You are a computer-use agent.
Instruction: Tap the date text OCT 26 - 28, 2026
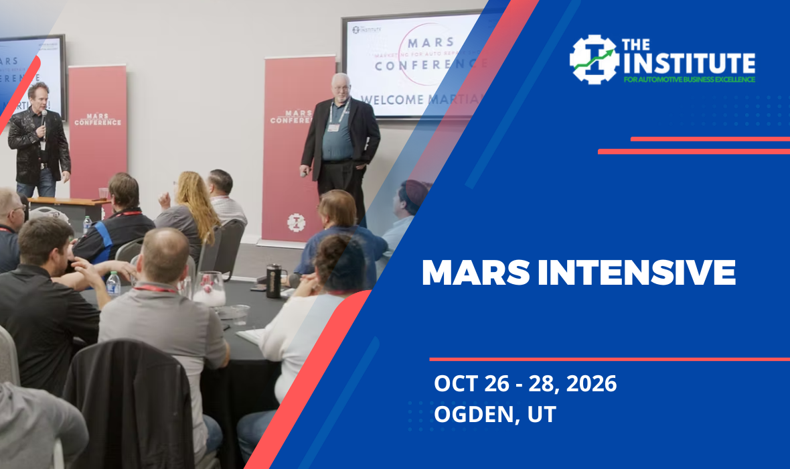click(525, 384)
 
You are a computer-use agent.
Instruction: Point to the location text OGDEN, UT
click(495, 414)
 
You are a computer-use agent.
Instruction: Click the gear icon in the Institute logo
click(594, 59)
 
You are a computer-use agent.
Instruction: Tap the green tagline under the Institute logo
click(688, 79)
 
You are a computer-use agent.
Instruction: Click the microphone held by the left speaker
click(44, 117)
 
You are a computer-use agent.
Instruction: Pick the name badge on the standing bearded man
click(333, 127)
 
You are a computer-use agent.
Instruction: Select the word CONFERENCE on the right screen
click(428, 64)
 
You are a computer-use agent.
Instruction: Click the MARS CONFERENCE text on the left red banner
click(98, 120)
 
